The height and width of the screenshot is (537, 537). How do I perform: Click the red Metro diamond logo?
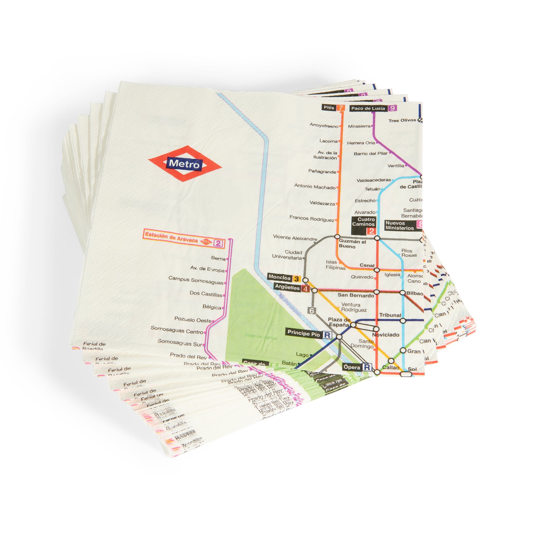tap(185, 164)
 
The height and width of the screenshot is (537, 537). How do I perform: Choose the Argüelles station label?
tap(292, 288)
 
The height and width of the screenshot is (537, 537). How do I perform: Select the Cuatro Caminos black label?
tap(363, 225)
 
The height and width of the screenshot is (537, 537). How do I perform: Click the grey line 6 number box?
tap(312, 310)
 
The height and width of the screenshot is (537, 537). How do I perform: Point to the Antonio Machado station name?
tap(315, 187)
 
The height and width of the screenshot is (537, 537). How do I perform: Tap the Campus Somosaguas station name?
tap(196, 280)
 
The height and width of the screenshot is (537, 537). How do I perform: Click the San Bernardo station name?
tap(356, 296)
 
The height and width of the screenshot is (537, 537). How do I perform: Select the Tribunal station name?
tap(390, 315)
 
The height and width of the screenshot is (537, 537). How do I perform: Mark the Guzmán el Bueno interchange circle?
tap(337, 236)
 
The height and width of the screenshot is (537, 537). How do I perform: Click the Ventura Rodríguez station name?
tap(353, 307)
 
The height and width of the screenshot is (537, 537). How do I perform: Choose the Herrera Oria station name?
tap(361, 143)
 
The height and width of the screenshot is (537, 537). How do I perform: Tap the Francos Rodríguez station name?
tap(312, 218)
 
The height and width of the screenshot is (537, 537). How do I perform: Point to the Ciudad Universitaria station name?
tap(287, 255)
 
